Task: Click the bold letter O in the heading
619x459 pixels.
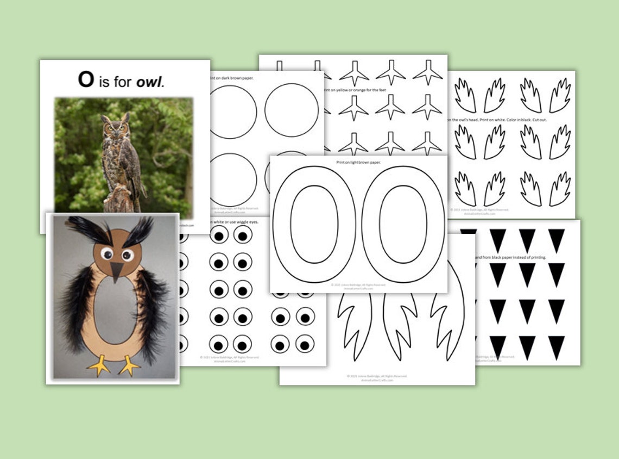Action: click(x=86, y=79)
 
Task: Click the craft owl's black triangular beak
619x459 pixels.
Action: click(x=117, y=271)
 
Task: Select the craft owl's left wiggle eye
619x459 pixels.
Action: click(x=106, y=253)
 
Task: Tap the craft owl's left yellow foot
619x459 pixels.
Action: click(x=99, y=365)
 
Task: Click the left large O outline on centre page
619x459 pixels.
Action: click(x=313, y=224)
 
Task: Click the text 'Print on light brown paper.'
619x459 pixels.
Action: click(x=358, y=163)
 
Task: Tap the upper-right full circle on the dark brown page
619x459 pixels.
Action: click(x=292, y=110)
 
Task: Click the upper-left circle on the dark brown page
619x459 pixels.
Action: click(x=232, y=111)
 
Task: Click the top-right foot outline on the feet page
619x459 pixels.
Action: click(x=427, y=72)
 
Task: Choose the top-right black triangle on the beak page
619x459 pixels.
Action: click(x=556, y=239)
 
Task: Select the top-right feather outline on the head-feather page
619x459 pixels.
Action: click(x=559, y=95)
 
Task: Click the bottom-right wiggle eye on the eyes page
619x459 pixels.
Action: click(x=305, y=344)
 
